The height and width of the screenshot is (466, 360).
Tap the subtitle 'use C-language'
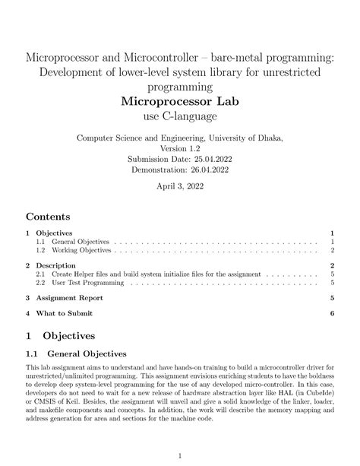pos(179,117)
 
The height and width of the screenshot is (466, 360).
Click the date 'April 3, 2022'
pos(180,186)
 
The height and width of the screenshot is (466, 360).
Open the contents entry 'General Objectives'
pos(77,242)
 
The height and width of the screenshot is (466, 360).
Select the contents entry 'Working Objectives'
pos(78,250)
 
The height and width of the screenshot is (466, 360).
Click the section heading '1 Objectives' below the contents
pos(60,335)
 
